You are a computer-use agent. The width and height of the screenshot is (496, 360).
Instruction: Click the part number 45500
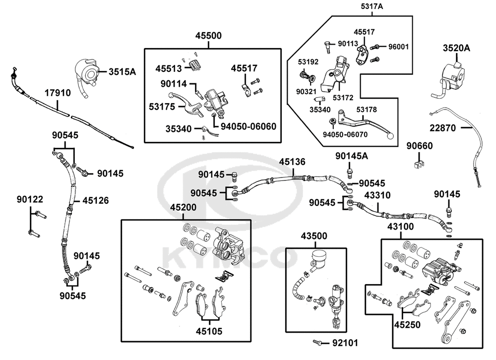[208, 36]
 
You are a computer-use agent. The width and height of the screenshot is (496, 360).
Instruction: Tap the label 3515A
[122, 72]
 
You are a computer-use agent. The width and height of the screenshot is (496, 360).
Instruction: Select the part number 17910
[58, 93]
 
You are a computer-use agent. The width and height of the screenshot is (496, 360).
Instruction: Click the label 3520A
[456, 48]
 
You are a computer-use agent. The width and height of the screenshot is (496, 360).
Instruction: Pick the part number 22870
[442, 128]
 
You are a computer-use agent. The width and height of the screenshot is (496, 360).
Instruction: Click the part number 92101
[344, 342]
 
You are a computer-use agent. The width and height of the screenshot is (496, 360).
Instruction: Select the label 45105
[209, 331]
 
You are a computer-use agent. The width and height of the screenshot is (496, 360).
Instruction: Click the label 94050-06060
[248, 126]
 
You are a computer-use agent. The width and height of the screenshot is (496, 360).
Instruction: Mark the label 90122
[30, 200]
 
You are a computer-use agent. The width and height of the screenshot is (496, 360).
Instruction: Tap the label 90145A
[352, 156]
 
